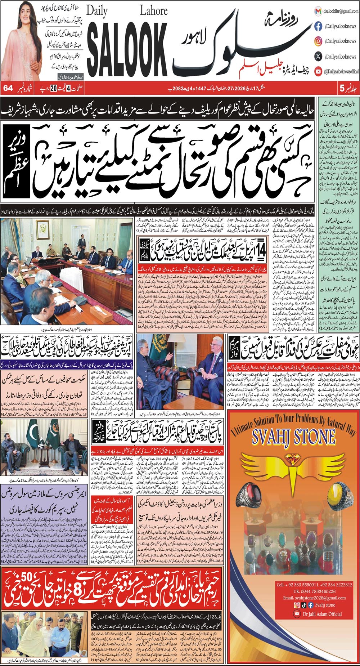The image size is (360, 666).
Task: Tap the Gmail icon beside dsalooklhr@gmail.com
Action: [318, 12]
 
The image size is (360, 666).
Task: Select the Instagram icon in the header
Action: [318, 41]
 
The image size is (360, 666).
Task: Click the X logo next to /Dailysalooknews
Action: [318, 56]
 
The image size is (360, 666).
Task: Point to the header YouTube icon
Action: [318, 71]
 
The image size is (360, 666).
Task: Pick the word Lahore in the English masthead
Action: [153, 11]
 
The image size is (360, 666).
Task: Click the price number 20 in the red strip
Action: [53, 88]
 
